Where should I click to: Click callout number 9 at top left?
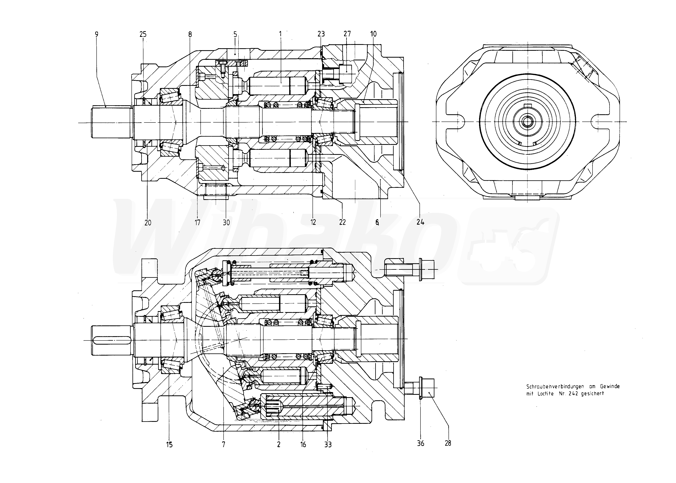pos(96,34)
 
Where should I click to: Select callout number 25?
pos(143,34)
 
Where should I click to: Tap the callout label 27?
pos(347,34)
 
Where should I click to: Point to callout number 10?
pos(373,34)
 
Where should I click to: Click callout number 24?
pos(420,222)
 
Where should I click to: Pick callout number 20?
pos(148,222)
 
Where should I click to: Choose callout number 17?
pos(197,222)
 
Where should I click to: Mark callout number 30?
pos(226,222)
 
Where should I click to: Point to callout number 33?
pos(328,445)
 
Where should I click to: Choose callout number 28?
pos(448,443)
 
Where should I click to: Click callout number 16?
pos(303,445)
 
